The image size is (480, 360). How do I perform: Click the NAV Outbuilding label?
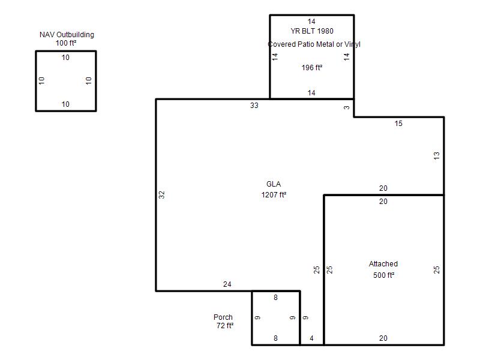tap(67, 35)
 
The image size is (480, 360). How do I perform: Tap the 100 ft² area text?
tap(66, 43)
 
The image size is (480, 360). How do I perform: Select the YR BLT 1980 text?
tap(312, 31)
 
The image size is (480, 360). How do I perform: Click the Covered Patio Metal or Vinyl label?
tap(314, 44)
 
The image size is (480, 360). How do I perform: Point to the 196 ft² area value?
tap(312, 68)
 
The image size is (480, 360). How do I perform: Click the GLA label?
tap(274, 184)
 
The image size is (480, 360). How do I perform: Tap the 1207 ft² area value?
tap(274, 194)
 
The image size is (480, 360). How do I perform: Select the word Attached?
tap(383, 264)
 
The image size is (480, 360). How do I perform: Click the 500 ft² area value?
tap(383, 275)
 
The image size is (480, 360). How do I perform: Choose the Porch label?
tap(223, 317)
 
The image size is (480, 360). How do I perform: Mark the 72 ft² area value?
tap(225, 326)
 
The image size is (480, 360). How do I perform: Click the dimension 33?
tap(254, 106)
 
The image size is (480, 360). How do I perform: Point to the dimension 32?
tap(161, 194)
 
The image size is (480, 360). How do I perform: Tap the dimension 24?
tap(227, 284)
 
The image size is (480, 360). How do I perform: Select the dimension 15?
tap(398, 124)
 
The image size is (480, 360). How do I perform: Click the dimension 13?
tap(437, 155)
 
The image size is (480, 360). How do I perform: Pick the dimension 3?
tap(346, 107)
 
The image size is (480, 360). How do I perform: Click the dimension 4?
tap(311, 338)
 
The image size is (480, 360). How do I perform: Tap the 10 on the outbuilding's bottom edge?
tap(65, 104)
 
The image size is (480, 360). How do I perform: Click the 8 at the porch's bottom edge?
tap(275, 338)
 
